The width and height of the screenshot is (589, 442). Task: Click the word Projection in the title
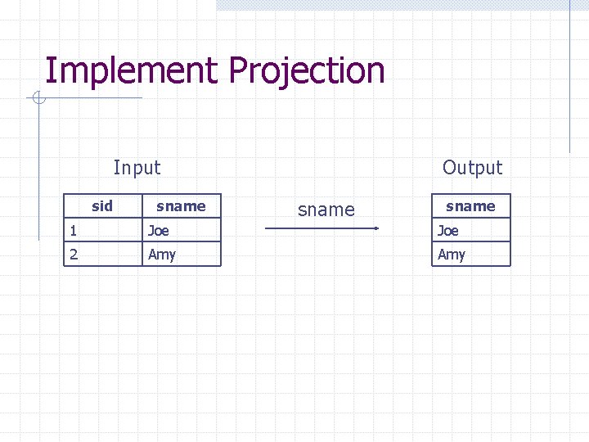point(307,71)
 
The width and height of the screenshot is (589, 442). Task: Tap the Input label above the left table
point(137,168)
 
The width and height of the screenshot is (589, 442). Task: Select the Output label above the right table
point(472,168)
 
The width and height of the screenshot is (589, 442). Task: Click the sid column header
point(102,205)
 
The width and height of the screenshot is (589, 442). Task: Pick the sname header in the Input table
point(181,205)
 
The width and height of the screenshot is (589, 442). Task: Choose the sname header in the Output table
point(470,205)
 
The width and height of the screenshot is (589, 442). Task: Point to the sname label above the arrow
point(326,210)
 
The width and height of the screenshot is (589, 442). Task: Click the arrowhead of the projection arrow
point(376,228)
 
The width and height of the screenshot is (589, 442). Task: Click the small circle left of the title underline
point(37,99)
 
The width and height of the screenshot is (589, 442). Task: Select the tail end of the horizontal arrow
point(268,228)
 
